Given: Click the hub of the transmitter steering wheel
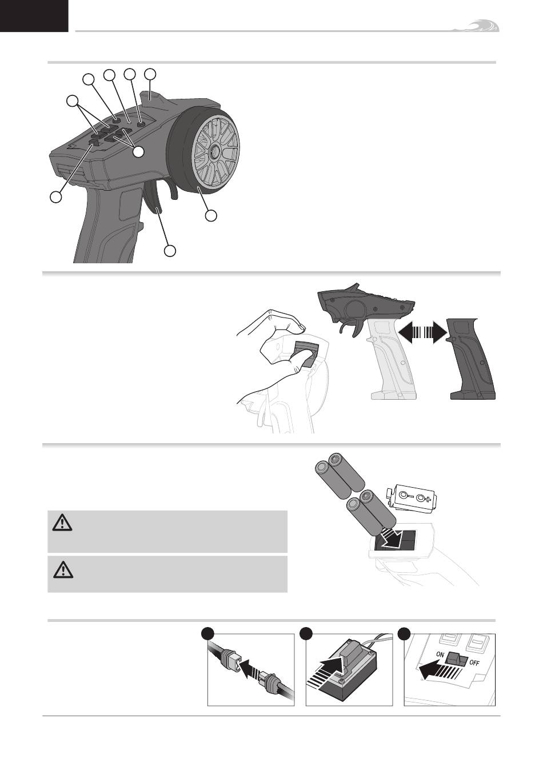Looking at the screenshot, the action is [x=215, y=149].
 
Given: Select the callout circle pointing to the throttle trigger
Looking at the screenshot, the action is [x=170, y=250].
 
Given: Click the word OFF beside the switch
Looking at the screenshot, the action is [x=474, y=663].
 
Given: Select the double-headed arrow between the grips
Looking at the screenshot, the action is [x=422, y=331].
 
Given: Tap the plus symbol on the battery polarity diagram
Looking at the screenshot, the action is [x=428, y=500].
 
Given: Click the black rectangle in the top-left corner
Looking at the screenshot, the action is [x=34, y=16].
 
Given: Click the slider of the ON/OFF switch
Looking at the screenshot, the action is [x=457, y=660].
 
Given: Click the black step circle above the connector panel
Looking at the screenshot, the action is [x=208, y=634].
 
